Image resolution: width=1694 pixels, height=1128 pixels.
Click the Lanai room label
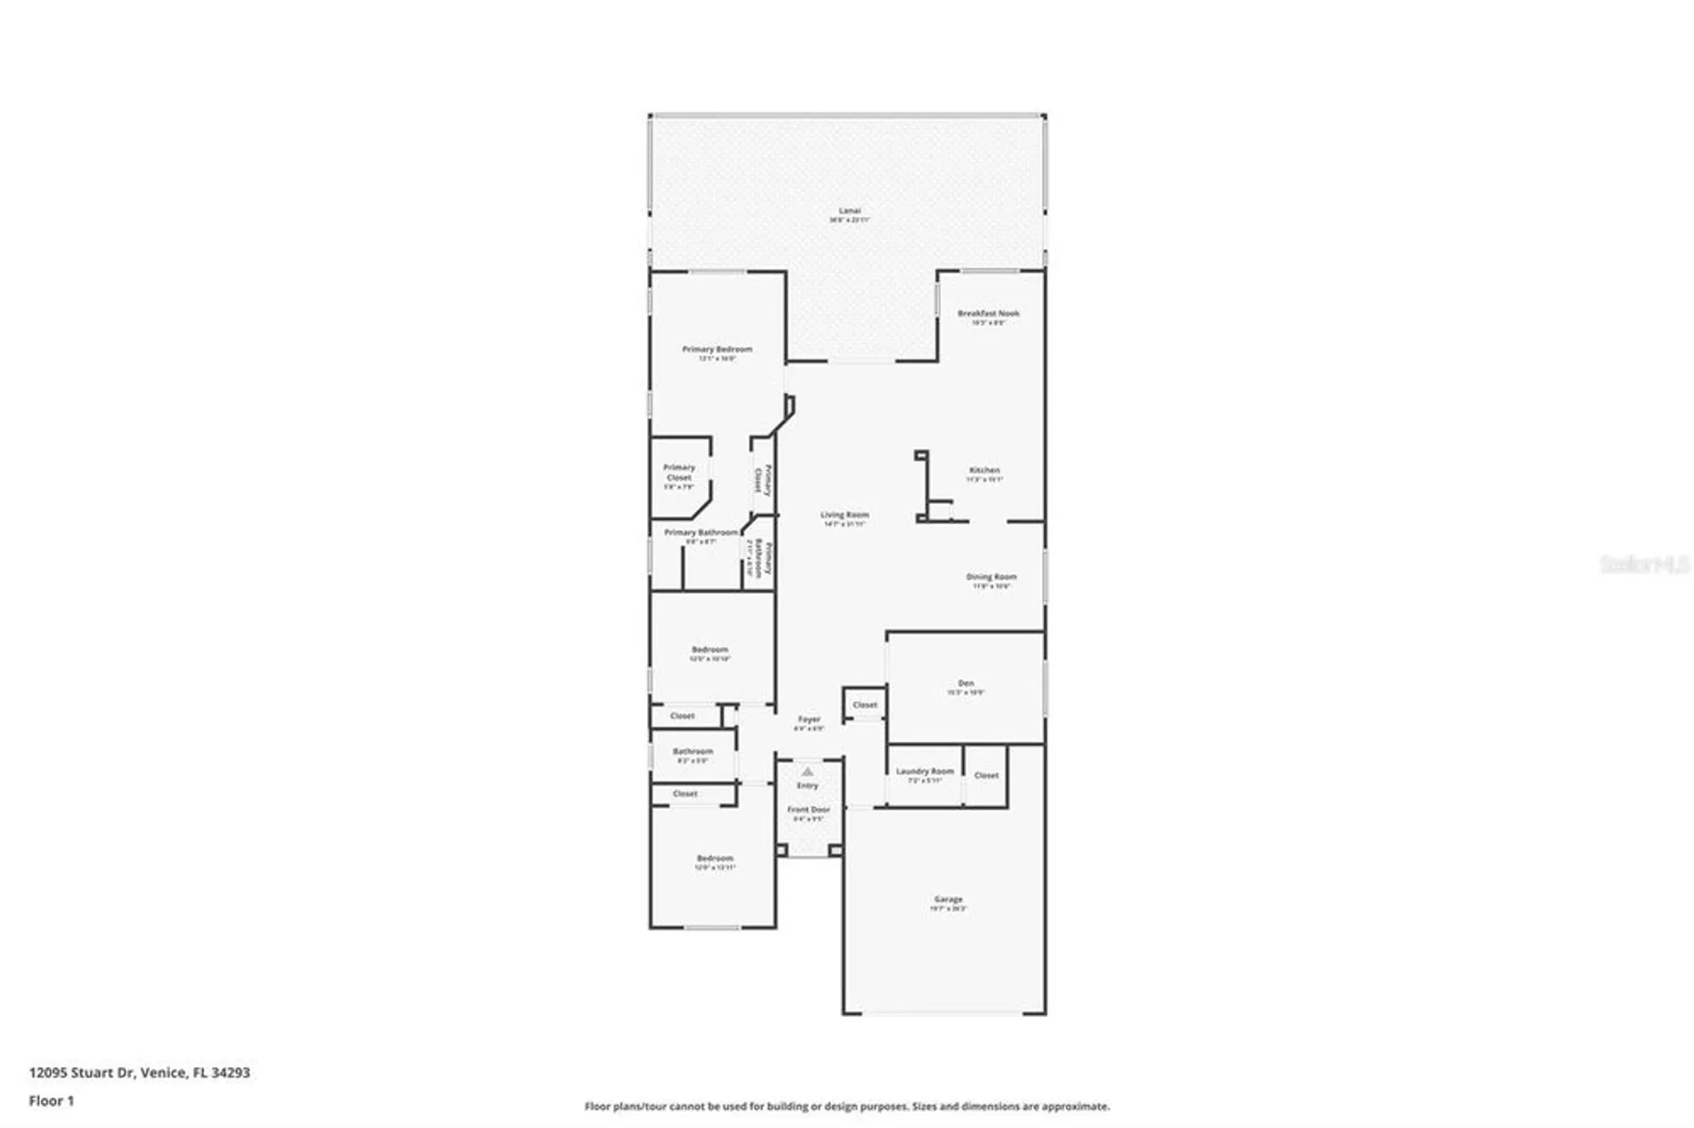click(849, 211)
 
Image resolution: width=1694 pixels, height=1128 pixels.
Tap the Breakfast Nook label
click(988, 313)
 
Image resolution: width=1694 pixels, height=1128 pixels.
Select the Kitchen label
click(984, 470)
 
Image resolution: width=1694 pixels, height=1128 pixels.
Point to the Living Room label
click(844, 515)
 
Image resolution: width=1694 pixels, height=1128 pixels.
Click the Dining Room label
click(991, 577)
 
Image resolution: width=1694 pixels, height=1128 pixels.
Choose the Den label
click(966, 683)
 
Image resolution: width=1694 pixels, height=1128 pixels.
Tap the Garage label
click(948, 899)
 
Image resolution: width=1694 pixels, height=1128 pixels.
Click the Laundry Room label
click(924, 771)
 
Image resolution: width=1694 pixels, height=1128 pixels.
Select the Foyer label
click(809, 719)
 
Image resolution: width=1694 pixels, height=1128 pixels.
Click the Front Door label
click(808, 810)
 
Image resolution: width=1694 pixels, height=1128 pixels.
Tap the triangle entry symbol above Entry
click(807, 771)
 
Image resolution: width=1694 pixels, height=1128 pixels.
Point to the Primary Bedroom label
click(717, 349)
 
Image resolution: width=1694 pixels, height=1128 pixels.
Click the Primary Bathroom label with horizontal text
click(700, 533)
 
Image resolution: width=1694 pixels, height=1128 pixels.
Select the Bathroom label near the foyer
click(693, 751)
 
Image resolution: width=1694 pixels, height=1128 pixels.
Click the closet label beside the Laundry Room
click(986, 775)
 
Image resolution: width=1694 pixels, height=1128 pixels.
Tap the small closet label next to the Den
click(865, 705)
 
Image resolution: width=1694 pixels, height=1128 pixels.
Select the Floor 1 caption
click(51, 1101)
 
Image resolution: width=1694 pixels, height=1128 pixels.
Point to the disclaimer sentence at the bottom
click(846, 1106)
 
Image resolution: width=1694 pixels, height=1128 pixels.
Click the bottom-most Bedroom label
click(714, 858)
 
